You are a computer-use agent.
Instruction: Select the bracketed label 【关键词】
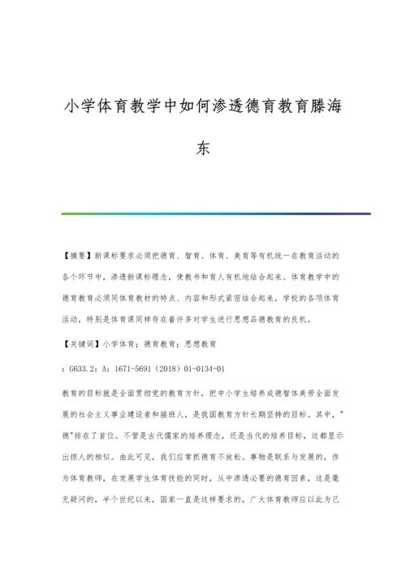coord(82,344)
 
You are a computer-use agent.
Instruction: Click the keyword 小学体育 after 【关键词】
coord(119,344)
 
